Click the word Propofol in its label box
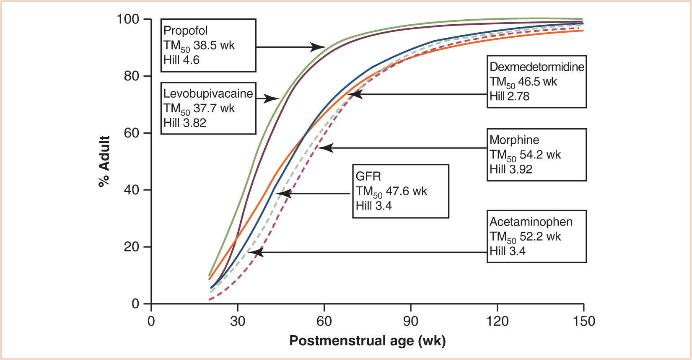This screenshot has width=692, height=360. click(x=185, y=31)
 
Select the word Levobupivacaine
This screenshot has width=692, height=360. click(x=208, y=93)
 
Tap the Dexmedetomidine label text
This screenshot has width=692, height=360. click(x=536, y=67)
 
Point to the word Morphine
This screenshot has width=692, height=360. click(x=514, y=140)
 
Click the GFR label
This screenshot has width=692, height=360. click(x=368, y=176)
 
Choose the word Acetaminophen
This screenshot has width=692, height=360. click(x=531, y=222)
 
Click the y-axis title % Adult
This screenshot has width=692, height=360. click(x=104, y=161)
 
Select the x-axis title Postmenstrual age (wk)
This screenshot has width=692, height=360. click(x=367, y=341)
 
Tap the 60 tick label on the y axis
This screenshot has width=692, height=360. click(x=131, y=133)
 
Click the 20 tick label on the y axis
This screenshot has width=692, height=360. click(x=131, y=247)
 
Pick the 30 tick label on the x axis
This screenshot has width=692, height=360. click(x=237, y=321)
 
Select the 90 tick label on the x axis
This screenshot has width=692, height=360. click(x=410, y=321)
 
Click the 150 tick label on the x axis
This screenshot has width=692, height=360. click(x=583, y=321)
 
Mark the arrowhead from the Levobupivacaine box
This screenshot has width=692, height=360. click(x=273, y=99)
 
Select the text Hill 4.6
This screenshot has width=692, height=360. click(x=181, y=60)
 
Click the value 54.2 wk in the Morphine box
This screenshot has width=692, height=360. click(x=540, y=155)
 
